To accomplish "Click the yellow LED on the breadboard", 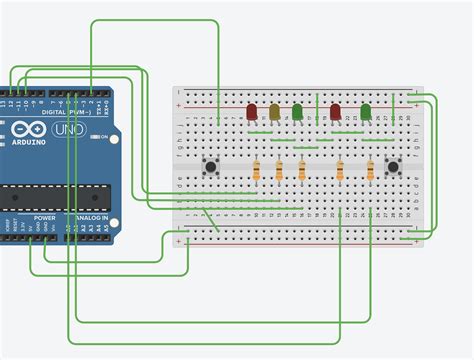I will point(274,112).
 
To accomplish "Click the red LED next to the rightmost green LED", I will point(336,110).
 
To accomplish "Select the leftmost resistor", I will point(258,172).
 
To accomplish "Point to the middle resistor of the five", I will point(301,172).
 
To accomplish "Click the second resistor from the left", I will point(279,172).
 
